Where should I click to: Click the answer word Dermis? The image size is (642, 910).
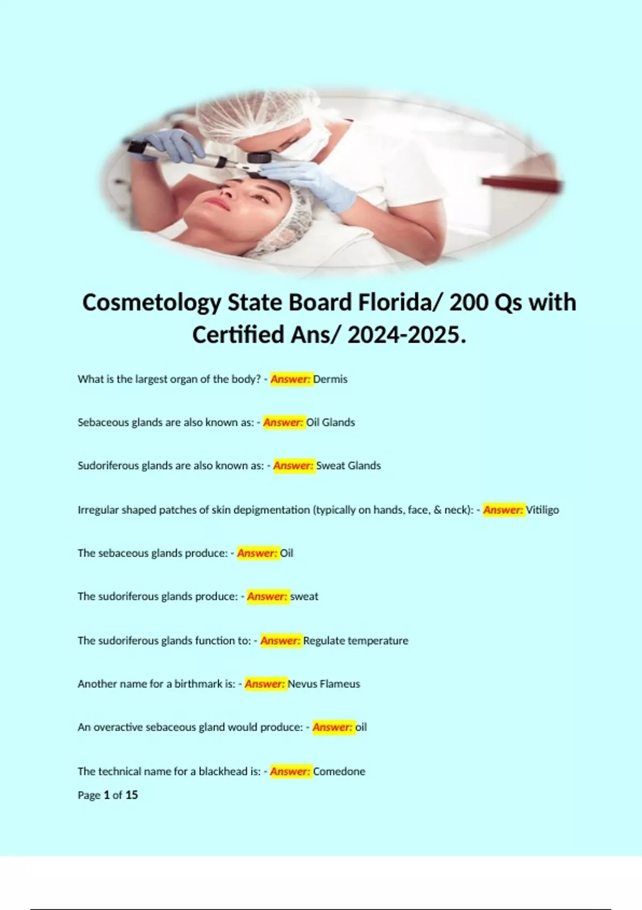[330, 379]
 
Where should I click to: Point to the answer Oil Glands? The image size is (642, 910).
[330, 422]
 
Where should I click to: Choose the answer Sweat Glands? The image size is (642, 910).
[348, 466]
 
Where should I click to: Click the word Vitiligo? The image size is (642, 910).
[542, 510]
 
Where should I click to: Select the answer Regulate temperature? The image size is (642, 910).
[355, 640]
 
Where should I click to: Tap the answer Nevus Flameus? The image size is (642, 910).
[324, 684]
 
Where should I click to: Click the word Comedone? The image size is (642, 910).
[339, 771]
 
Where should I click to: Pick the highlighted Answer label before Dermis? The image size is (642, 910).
[291, 379]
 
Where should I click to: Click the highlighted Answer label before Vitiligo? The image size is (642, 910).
[503, 510]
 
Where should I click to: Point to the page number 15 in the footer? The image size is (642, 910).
[132, 795]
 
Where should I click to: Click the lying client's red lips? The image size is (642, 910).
[217, 203]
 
